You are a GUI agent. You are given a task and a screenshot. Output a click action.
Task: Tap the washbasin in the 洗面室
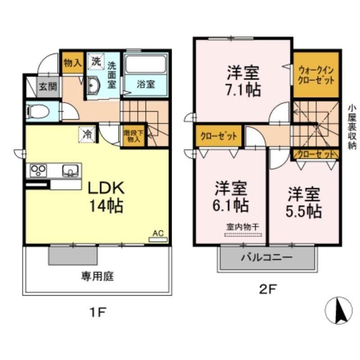(94, 85)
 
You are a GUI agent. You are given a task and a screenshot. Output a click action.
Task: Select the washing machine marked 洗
(96, 62)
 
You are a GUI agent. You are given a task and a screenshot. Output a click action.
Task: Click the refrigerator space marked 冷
(88, 134)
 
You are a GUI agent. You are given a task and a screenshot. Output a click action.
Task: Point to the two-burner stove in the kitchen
(38, 171)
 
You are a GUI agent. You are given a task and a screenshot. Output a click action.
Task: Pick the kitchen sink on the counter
(70, 171)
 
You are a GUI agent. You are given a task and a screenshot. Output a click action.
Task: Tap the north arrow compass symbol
(338, 310)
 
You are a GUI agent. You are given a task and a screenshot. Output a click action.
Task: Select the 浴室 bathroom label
(146, 84)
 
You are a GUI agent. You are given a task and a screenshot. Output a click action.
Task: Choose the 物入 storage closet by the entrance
(72, 63)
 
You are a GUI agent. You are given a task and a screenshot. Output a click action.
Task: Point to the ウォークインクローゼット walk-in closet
(315, 75)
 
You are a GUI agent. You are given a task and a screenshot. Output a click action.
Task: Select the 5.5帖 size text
(304, 210)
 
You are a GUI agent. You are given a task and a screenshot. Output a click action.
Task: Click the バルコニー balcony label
(266, 258)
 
